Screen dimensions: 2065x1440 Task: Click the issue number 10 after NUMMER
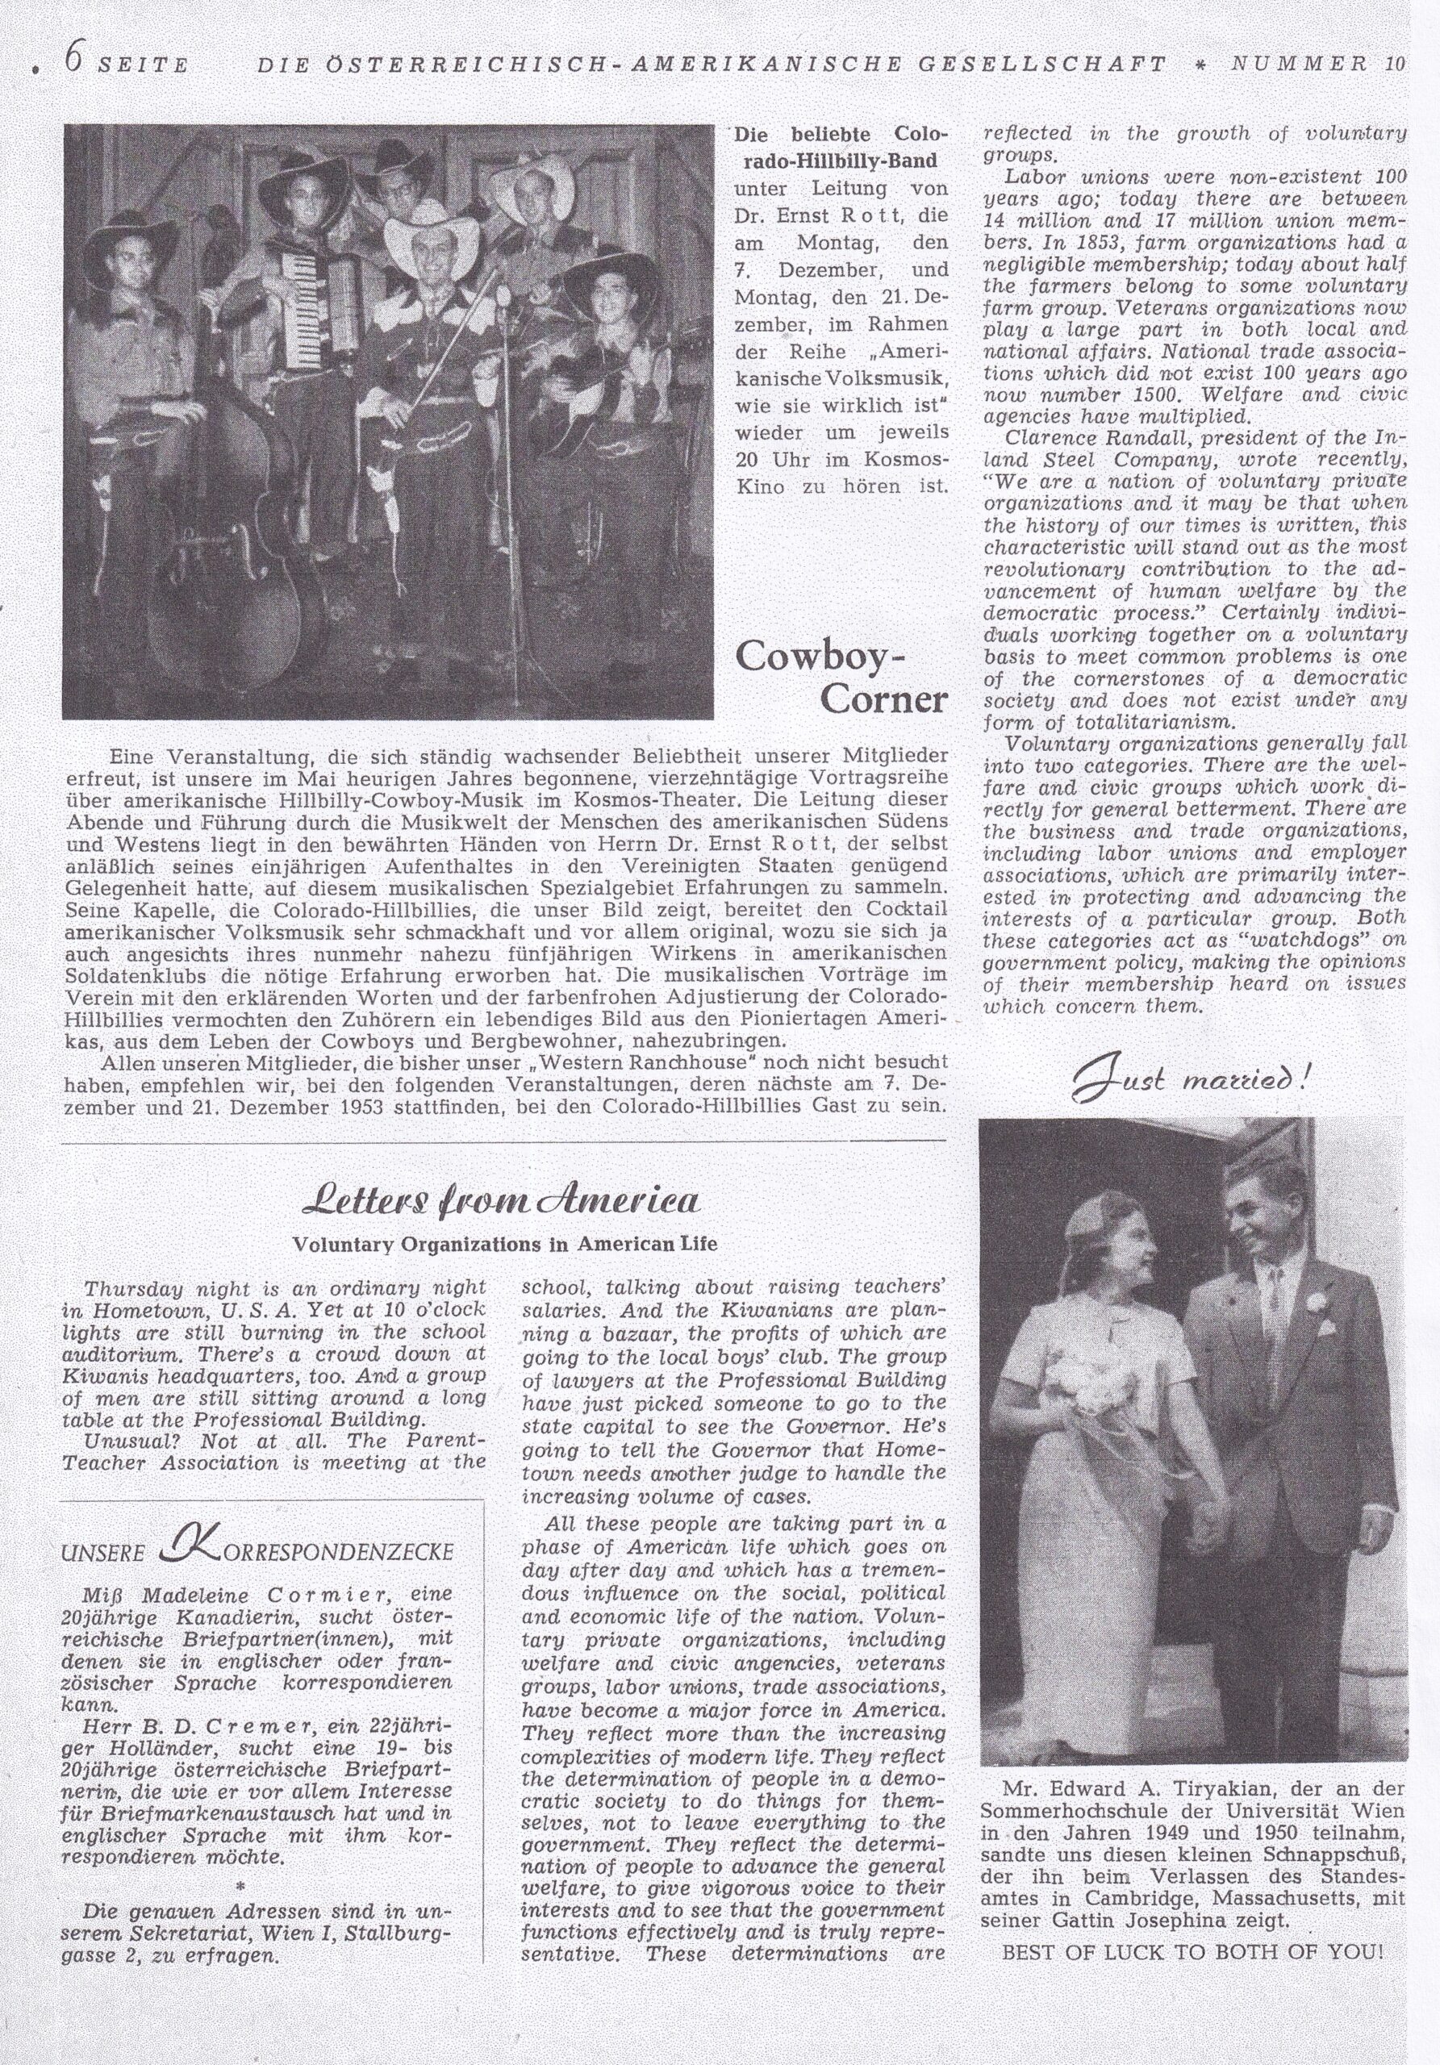pos(1395,64)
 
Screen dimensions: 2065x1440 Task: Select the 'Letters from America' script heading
pos(503,1202)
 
